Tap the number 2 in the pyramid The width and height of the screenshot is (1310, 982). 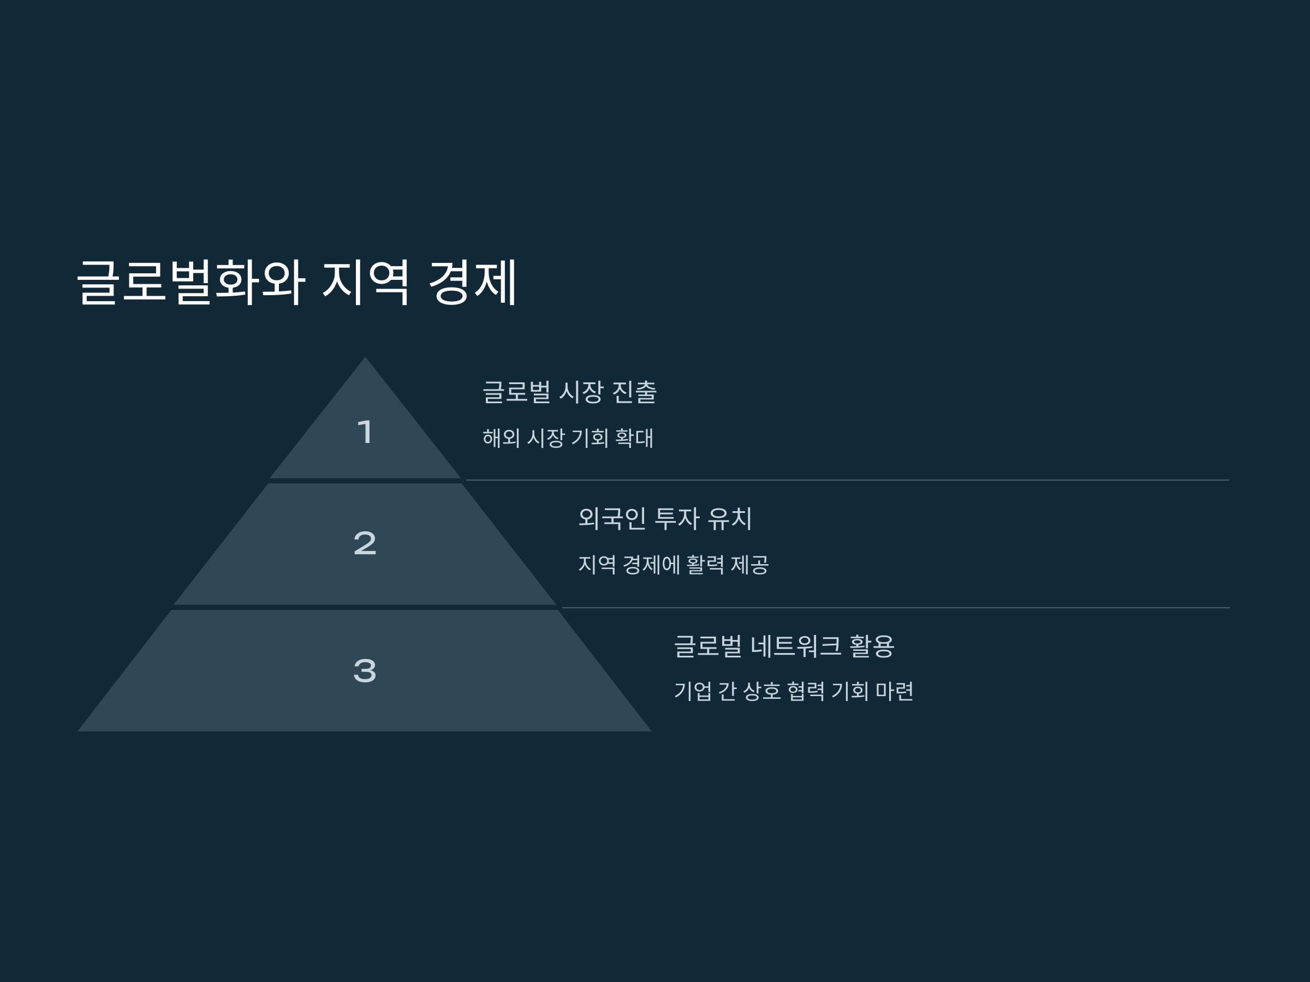click(x=365, y=543)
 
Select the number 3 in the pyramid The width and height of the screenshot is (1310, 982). click(x=365, y=670)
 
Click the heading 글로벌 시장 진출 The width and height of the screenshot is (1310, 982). click(x=569, y=392)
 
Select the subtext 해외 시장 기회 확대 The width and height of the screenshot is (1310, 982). click(x=567, y=438)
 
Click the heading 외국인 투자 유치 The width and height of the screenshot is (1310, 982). click(x=664, y=518)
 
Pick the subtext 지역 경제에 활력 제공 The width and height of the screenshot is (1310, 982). click(x=674, y=565)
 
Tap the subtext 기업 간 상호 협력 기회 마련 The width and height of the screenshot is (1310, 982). click(x=794, y=691)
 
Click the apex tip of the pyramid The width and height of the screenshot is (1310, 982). click(x=365, y=359)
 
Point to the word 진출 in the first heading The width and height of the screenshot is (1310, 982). click(x=634, y=392)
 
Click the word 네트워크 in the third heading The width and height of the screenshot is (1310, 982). click(x=795, y=646)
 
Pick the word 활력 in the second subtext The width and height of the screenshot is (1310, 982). click(x=705, y=565)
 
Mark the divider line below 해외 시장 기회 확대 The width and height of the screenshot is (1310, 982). click(x=847, y=480)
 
